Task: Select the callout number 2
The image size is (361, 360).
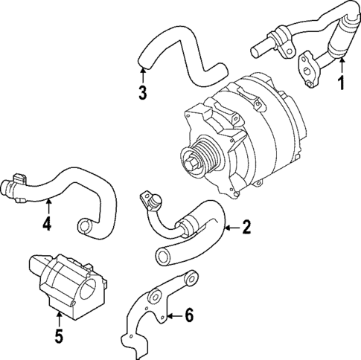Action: (x=246, y=228)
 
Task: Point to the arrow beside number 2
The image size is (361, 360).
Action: (x=230, y=228)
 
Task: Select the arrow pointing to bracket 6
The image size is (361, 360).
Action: (x=173, y=316)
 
